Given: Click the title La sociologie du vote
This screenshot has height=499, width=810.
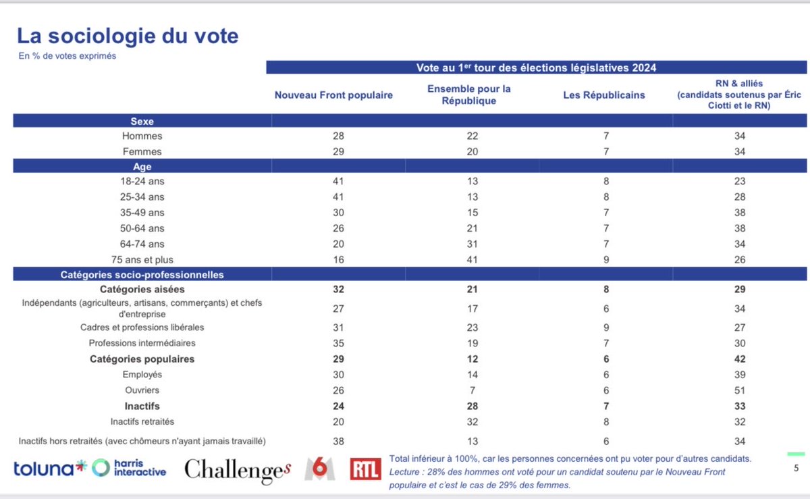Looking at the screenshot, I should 128,36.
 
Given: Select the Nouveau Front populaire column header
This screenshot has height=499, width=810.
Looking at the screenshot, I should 333,95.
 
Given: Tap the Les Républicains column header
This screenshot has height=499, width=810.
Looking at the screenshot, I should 604,95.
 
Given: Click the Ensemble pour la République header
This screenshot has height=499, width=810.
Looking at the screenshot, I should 469,95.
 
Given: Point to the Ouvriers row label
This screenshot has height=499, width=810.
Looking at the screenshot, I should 142,390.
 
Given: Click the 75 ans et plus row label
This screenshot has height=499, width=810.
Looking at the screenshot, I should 142,259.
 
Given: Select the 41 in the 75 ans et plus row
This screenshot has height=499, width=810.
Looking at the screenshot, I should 473,259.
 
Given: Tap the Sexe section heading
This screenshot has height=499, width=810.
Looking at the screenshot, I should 142,122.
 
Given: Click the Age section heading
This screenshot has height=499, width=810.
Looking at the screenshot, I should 142,167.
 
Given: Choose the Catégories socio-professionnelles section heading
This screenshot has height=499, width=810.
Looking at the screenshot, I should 142,275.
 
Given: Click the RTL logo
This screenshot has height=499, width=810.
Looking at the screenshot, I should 365,469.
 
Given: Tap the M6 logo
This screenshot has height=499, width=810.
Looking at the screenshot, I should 319,468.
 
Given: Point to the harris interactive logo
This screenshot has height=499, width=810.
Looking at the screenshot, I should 130,467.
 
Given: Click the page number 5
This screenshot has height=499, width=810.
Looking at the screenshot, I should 796,469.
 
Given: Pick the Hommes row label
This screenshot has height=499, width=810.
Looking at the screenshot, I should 142,136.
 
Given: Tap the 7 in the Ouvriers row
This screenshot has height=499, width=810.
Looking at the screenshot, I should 473,390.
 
